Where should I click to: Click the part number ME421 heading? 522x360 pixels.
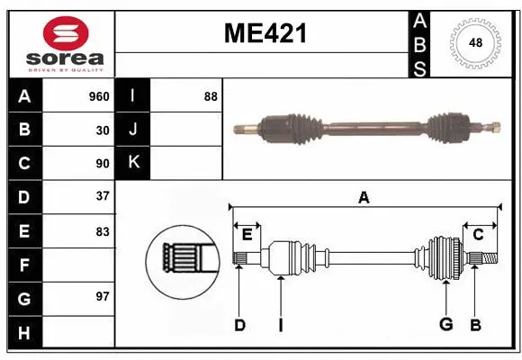[264, 33]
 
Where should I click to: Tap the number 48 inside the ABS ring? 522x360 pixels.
[474, 43]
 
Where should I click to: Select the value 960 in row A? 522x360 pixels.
[98, 96]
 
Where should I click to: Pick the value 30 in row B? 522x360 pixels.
[102, 130]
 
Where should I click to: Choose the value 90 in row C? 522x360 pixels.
[102, 164]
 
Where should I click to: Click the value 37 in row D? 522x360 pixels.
[102, 197]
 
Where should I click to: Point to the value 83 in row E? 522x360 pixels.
[102, 231]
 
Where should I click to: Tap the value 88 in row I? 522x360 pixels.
[211, 96]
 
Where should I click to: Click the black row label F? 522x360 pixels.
[23, 265]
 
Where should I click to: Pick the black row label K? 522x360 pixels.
[133, 164]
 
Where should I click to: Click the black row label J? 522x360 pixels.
[133, 130]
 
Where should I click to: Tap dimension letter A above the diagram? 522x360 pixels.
[364, 197]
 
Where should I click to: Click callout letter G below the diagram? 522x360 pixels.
[445, 325]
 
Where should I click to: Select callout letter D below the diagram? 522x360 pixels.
[239, 325]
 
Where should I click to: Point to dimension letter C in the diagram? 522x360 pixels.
[478, 234]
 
